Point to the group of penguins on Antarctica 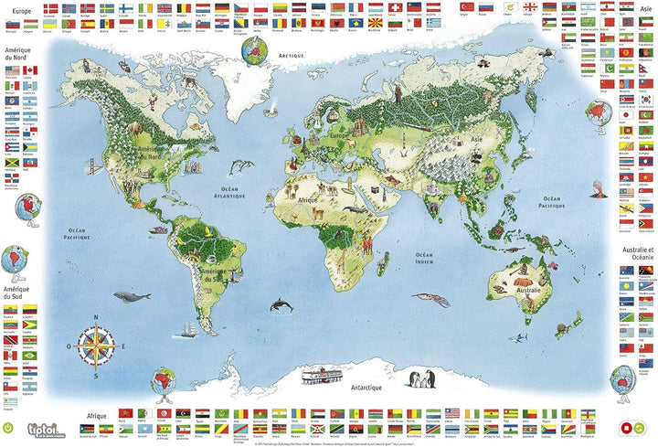coord(423,381)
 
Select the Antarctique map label coord(366,388)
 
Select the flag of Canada coord(30,70)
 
